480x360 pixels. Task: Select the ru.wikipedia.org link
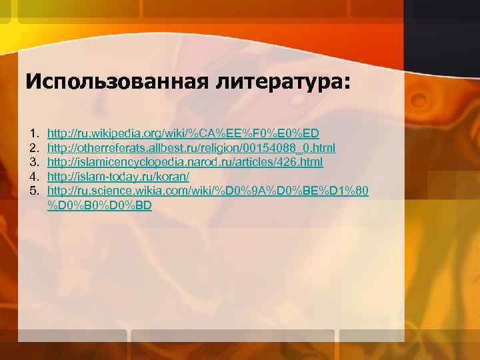pos(183,133)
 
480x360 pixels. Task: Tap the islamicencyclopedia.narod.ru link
pos(185,162)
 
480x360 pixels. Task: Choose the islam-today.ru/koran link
pos(119,177)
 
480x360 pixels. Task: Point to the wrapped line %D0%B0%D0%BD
pos(100,205)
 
